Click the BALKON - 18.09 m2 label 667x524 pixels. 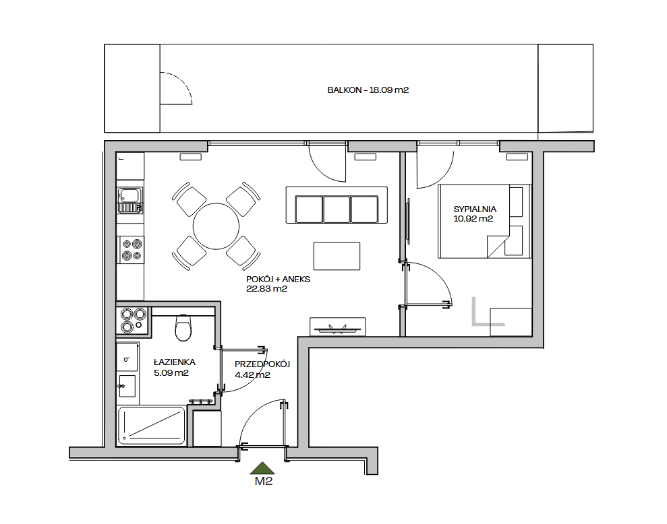[x=368, y=90]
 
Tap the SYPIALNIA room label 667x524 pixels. [x=475, y=209]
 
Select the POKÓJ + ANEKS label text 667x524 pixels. [x=279, y=280]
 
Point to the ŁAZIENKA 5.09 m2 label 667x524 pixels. [x=175, y=368]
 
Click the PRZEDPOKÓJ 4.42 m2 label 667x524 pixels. [x=262, y=369]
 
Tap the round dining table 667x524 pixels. [x=216, y=226]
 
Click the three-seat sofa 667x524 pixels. [x=337, y=205]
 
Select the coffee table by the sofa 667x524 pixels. [x=337, y=256]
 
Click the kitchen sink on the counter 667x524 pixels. [x=130, y=200]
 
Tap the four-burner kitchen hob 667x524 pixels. [x=132, y=250]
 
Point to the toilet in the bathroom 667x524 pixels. [x=183, y=327]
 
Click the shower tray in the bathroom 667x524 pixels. [x=152, y=426]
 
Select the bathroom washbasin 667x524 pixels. [x=127, y=386]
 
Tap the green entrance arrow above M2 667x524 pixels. [x=262, y=468]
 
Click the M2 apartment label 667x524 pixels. [x=264, y=481]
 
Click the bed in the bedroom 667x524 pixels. [x=484, y=221]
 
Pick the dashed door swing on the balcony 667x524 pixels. [x=183, y=84]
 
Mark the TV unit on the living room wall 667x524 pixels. [x=337, y=327]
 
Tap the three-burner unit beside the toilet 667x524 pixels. [x=133, y=320]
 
